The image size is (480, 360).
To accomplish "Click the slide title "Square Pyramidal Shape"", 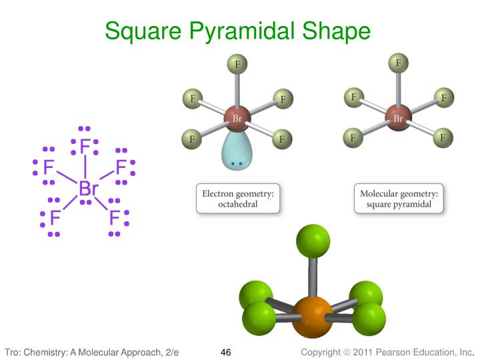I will [237, 31].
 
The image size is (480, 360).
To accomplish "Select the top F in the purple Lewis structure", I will [84, 145].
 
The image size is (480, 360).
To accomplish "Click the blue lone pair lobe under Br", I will [237, 153].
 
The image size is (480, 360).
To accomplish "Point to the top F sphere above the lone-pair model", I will [237, 65].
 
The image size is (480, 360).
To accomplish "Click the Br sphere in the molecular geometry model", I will [398, 119].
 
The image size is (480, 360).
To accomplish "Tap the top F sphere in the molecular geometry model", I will [398, 64].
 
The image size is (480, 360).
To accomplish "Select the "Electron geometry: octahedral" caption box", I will [237, 199].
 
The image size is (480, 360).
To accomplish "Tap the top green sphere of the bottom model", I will [312, 241].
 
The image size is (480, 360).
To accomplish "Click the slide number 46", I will [225, 352].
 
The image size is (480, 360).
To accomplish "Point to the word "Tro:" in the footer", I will [15, 352].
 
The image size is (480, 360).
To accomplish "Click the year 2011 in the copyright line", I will [363, 352].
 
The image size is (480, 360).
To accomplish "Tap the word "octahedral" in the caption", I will [237, 205].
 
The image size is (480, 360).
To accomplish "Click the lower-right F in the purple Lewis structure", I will [115, 217].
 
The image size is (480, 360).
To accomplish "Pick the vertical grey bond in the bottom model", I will [312, 277].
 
